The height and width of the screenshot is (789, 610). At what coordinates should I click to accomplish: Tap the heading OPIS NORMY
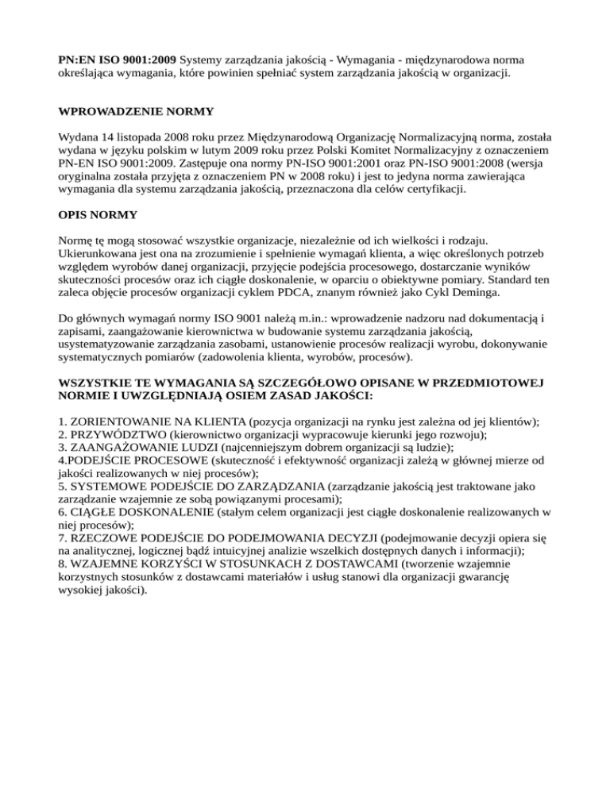[97, 215]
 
